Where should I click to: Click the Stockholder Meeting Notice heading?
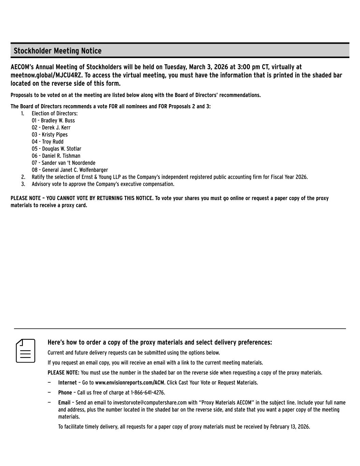tap(57, 51)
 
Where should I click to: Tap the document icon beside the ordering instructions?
tap(26, 351)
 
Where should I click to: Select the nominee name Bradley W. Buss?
tap(58, 121)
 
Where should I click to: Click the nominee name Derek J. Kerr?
tap(56, 128)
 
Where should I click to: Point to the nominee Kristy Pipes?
tap(55, 135)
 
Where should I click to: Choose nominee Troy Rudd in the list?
tap(53, 142)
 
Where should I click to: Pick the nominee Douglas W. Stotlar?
tap(61, 149)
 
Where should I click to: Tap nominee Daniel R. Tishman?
tap(61, 156)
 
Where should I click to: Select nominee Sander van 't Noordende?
tap(69, 163)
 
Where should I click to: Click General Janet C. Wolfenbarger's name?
tap(75, 170)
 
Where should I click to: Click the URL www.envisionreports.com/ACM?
tap(129, 383)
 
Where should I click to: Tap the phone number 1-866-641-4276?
tap(147, 393)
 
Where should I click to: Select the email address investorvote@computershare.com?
tap(150, 403)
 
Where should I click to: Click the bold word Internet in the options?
tap(68, 383)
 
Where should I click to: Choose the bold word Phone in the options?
tap(65, 393)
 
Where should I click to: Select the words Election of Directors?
tap(55, 113)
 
